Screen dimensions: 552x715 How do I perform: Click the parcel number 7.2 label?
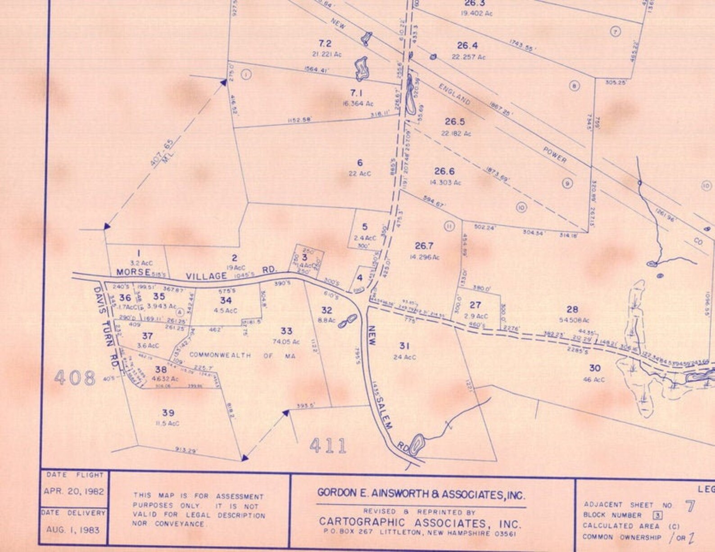tap(325, 44)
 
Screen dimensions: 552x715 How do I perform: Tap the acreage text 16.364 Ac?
tap(357, 104)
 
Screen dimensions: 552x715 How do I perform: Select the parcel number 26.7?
tap(424, 246)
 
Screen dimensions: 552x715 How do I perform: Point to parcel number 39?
tap(168, 413)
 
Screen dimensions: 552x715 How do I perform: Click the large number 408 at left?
tap(75, 378)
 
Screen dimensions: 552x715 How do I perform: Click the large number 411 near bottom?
tap(329, 445)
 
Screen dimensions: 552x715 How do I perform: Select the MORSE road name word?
tap(133, 272)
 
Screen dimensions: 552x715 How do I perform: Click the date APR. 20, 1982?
tap(74, 491)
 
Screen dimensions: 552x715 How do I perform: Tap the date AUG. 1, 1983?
tap(73, 530)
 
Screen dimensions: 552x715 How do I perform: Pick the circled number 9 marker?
tap(567, 183)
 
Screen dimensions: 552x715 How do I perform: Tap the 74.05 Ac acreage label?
tap(286, 342)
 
